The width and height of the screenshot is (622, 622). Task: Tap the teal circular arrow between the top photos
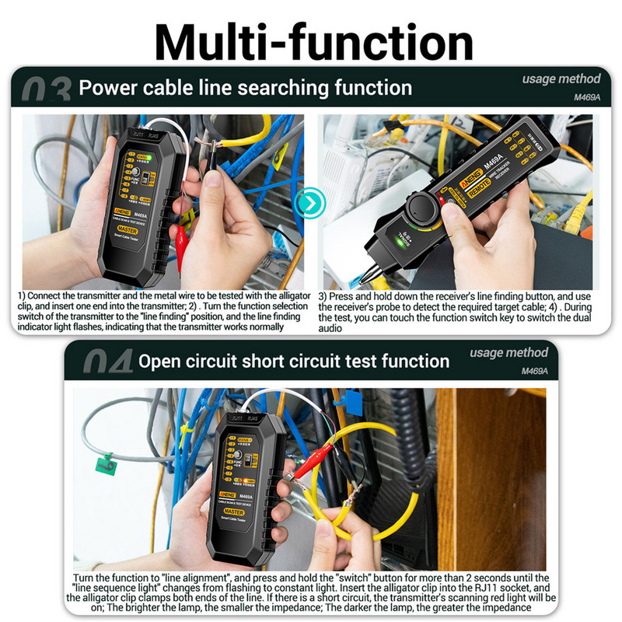(x=310, y=204)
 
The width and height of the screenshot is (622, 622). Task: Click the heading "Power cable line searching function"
(x=245, y=88)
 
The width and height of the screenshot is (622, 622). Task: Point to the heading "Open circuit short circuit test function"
(x=293, y=361)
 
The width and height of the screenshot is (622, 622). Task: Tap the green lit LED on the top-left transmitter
(x=145, y=157)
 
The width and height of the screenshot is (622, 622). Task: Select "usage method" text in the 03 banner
(x=561, y=79)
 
